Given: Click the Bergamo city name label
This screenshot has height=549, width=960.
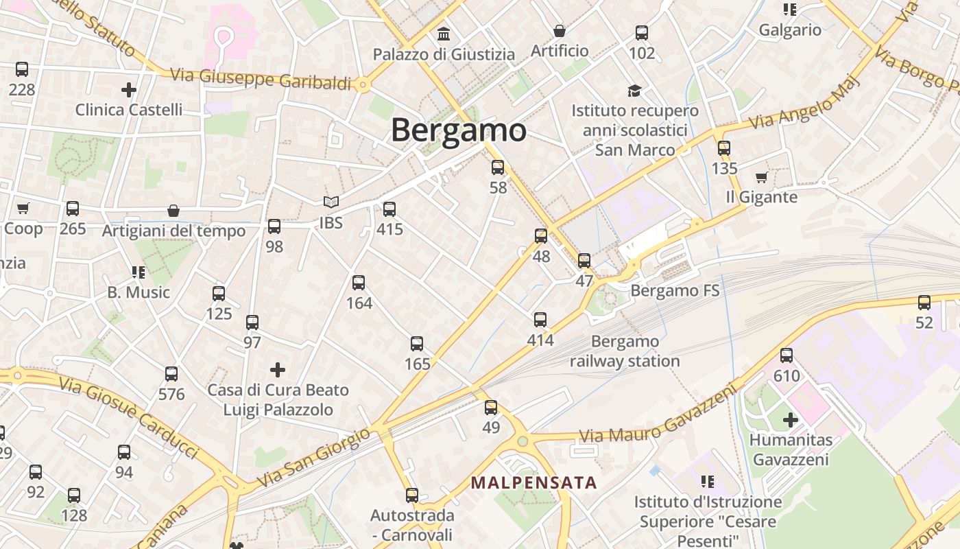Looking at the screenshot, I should (x=458, y=130).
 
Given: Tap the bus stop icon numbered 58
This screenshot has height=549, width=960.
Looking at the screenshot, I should (x=498, y=167).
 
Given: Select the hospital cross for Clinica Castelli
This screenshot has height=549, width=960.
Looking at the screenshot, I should (x=128, y=89).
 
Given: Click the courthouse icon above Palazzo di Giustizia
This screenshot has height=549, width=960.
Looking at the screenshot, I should (x=444, y=33).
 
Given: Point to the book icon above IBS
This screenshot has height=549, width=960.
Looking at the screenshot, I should (x=331, y=202).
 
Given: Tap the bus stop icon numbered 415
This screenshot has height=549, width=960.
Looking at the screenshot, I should (x=389, y=209).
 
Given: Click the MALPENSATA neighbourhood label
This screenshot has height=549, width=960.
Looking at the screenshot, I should (x=533, y=482).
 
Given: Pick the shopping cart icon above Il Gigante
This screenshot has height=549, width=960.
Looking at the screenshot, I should (x=761, y=178).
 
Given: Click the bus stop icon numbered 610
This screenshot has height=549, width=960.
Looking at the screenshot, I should (x=787, y=355).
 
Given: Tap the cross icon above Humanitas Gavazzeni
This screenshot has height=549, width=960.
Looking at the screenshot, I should (x=791, y=419).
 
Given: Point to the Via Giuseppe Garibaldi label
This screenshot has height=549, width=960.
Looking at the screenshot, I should (x=261, y=78).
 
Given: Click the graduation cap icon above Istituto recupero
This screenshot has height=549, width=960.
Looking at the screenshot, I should (x=634, y=91).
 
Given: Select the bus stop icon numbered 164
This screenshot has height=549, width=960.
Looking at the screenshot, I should (x=359, y=282).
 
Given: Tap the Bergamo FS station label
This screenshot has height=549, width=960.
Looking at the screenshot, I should (x=675, y=290).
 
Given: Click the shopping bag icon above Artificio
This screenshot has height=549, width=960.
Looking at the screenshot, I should (x=560, y=31).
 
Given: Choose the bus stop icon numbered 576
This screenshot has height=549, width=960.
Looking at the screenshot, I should (x=171, y=374).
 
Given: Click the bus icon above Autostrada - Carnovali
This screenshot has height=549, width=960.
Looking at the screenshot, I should (x=412, y=495).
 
